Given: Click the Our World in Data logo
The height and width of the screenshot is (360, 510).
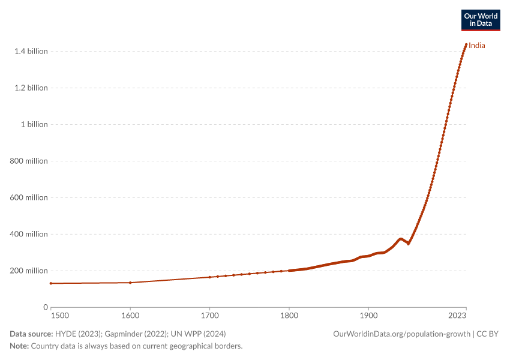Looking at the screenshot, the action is pyautogui.click(x=481, y=20).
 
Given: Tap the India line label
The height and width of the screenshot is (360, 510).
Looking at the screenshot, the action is pyautogui.click(x=477, y=46).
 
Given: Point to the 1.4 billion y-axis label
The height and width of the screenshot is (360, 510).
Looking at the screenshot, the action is pyautogui.click(x=31, y=52).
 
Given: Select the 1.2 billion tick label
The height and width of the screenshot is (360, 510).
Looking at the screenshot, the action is pyautogui.click(x=31, y=88).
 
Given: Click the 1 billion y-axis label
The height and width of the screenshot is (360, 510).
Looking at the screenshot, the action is pyautogui.click(x=34, y=125).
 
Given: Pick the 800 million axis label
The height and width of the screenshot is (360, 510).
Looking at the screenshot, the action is pyautogui.click(x=29, y=161).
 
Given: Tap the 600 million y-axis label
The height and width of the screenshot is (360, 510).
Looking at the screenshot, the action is pyautogui.click(x=29, y=198).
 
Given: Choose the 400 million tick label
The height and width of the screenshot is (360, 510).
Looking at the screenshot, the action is pyautogui.click(x=29, y=234).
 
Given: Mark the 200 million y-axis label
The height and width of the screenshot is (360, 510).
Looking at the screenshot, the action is pyautogui.click(x=29, y=271).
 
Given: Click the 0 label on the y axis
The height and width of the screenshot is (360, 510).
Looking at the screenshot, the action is pyautogui.click(x=46, y=307).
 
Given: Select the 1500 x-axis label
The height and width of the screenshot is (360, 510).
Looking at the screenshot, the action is pyautogui.click(x=60, y=316).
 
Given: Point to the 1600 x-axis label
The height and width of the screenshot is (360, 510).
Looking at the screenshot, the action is pyautogui.click(x=130, y=316).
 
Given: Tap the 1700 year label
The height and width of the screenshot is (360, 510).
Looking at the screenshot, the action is pyautogui.click(x=210, y=316).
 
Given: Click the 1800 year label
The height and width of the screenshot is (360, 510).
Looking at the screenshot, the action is pyautogui.click(x=289, y=316).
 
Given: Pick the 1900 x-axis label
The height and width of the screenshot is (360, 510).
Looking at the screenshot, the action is pyautogui.click(x=368, y=316).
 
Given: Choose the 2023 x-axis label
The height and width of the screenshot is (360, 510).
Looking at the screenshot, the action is pyautogui.click(x=457, y=316).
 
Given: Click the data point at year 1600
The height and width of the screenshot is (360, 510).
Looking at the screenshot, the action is pyautogui.click(x=130, y=283).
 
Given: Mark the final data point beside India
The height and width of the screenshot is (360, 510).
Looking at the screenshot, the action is pyautogui.click(x=466, y=44).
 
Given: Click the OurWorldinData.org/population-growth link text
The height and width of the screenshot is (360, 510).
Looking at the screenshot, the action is pyautogui.click(x=401, y=334).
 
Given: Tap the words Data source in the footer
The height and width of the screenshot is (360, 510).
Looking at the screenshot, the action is pyautogui.click(x=31, y=334).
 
